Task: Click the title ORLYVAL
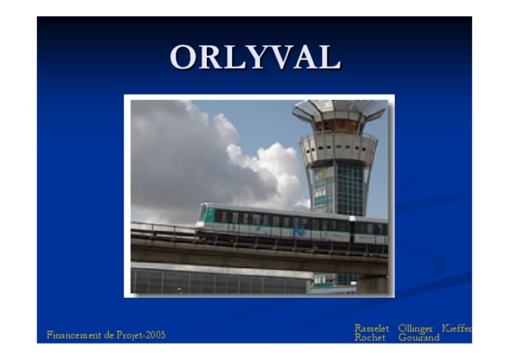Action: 255,58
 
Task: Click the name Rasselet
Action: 371,328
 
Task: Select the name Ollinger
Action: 415,328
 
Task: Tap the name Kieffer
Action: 457,328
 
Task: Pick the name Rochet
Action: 370,337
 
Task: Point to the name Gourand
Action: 419,337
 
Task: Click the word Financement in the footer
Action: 74,335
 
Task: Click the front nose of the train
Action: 202,215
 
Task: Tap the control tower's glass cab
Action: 339,126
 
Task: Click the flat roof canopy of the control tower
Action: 339,109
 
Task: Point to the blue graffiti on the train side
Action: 299,231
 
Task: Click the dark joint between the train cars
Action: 353,229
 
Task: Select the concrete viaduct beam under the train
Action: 259,256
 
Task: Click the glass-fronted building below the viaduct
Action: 220,279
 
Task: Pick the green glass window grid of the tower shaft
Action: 349,189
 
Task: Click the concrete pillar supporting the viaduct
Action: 372,284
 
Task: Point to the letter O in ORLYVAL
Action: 183,58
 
